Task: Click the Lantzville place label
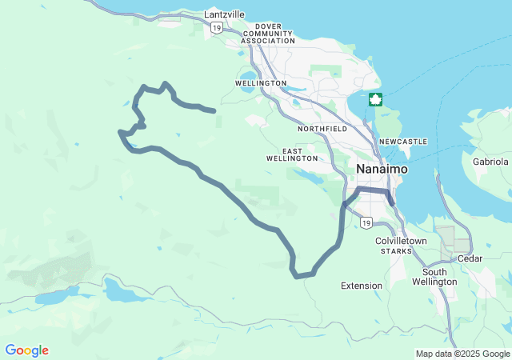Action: click(224, 14)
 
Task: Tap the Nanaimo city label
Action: click(382, 170)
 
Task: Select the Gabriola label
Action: click(490, 161)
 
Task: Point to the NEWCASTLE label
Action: click(403, 142)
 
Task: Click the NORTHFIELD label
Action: click(322, 128)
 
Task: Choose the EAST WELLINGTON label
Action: click(292, 154)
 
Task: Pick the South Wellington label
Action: click(434, 277)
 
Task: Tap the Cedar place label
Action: click(470, 258)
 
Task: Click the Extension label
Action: click(362, 286)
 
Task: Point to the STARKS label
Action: click(396, 251)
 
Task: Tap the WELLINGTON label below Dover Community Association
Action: click(261, 83)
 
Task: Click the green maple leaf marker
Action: click(375, 100)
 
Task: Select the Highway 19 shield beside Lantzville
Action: click(217, 27)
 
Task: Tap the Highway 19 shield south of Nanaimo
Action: click(366, 222)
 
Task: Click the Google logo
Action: click(27, 350)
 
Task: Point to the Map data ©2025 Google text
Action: click(462, 354)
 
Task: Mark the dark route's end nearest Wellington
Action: click(214, 111)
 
